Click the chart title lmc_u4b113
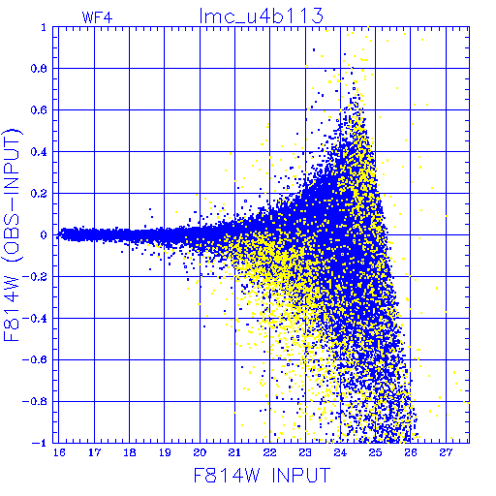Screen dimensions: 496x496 pos(262,16)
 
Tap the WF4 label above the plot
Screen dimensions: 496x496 pos(97,17)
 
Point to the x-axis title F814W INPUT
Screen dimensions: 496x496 pos(262,475)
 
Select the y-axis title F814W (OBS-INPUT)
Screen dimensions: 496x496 pos(13,234)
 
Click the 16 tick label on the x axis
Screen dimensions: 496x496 pos(59,452)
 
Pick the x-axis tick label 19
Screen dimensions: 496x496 pos(165,452)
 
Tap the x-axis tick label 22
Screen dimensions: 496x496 pos(270,452)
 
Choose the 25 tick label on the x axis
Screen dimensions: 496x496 pos(375,452)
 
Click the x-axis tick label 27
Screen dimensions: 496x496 pos(446,452)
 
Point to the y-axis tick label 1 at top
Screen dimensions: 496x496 pos(44,27)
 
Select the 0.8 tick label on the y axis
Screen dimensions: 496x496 pos(39,69)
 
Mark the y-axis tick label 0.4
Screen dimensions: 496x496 pos(39,152)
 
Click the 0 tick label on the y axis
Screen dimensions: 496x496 pos(44,235)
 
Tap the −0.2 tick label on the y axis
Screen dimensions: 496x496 pos(35,277)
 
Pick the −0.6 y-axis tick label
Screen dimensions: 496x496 pos(35,359)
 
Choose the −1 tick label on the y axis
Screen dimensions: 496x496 pos(40,443)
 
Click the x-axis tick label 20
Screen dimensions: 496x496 pos(200,452)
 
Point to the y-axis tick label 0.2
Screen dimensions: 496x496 pos(39,194)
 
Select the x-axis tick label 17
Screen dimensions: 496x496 pos(94,452)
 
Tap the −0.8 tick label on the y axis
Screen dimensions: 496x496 pos(35,401)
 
